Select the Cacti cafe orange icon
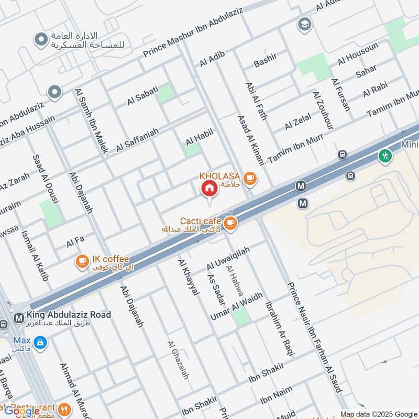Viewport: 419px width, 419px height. [229, 224]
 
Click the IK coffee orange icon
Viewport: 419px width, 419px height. [82, 261]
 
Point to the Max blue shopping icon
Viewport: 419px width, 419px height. [40, 344]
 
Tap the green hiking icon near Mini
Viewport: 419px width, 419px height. [385, 156]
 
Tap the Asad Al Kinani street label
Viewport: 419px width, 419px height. [252, 139]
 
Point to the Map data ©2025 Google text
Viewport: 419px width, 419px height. [378, 413]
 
